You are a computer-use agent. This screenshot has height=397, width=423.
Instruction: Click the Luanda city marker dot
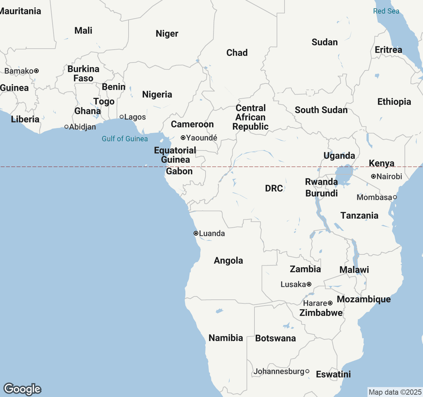(196, 233)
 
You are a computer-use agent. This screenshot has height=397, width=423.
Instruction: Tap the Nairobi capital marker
(373, 176)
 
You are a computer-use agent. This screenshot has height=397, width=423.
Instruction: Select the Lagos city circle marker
(122, 117)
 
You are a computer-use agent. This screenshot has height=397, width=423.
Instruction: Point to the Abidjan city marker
(66, 127)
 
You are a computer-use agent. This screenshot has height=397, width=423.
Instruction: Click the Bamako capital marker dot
(36, 71)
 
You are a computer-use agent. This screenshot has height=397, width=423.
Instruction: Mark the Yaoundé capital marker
(183, 138)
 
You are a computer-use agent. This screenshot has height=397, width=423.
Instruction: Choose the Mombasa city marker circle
(395, 197)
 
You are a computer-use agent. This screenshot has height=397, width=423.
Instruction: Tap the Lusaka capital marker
(309, 284)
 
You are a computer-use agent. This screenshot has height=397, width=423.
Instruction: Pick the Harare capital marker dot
(330, 303)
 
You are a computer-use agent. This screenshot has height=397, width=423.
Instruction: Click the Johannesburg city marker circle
(307, 371)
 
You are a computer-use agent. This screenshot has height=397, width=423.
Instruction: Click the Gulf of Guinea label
(125, 139)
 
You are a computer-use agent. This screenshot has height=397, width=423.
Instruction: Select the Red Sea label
(386, 11)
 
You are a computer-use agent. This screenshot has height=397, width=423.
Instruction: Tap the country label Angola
(228, 260)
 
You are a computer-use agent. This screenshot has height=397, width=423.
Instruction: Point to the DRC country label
(274, 188)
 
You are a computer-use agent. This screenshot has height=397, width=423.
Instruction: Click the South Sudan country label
(321, 110)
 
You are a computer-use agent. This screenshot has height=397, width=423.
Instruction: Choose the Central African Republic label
(250, 117)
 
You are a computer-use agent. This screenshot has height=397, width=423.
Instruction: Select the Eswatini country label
(333, 374)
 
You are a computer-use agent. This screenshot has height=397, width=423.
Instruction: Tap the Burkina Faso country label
(83, 73)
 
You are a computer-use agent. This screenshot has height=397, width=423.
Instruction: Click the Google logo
(22, 389)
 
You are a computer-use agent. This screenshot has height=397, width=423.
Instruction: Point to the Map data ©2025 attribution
(395, 392)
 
